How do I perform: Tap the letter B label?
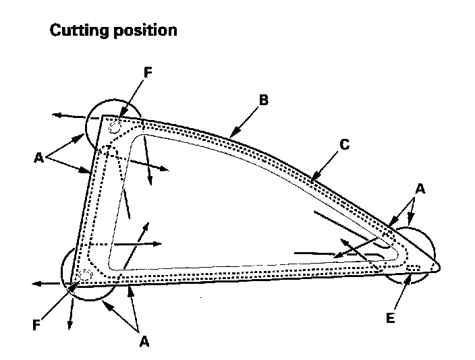tap(264, 100)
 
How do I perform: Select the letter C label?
tap(344, 144)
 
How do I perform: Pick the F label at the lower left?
tap(38, 326)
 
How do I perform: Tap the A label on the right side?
tap(420, 190)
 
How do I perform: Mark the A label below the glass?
tap(144, 341)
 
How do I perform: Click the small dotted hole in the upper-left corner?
tap(115, 126)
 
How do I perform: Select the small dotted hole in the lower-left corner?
tap(85, 275)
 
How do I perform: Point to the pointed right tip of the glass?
tap(439, 264)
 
